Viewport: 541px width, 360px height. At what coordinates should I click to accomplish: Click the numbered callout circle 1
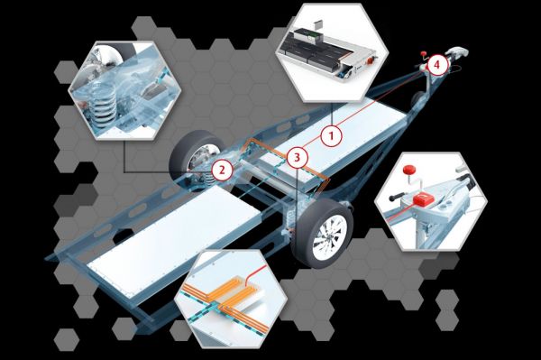click(x=332, y=135)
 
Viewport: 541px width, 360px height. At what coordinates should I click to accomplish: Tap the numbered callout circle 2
click(x=222, y=170)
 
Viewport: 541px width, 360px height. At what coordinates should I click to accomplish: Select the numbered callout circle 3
click(x=297, y=158)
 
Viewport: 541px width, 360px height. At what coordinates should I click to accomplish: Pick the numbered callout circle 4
click(x=436, y=65)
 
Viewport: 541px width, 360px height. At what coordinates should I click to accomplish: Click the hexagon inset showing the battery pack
click(x=332, y=52)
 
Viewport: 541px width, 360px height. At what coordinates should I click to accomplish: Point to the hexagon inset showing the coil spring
click(x=125, y=90)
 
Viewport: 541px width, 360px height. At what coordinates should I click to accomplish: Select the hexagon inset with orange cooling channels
click(x=231, y=299)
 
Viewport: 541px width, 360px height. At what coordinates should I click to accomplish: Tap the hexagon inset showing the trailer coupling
click(x=431, y=201)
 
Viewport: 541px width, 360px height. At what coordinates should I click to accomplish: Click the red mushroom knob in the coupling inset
click(x=410, y=171)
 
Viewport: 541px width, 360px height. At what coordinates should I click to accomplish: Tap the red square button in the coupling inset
click(x=423, y=199)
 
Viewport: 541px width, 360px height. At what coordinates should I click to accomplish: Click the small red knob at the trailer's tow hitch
click(x=424, y=53)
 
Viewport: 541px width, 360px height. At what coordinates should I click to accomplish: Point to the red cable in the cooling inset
click(x=255, y=273)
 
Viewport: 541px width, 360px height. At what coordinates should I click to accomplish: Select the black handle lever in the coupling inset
click(x=399, y=198)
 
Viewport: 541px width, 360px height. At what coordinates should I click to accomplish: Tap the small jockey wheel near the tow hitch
click(x=418, y=99)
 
